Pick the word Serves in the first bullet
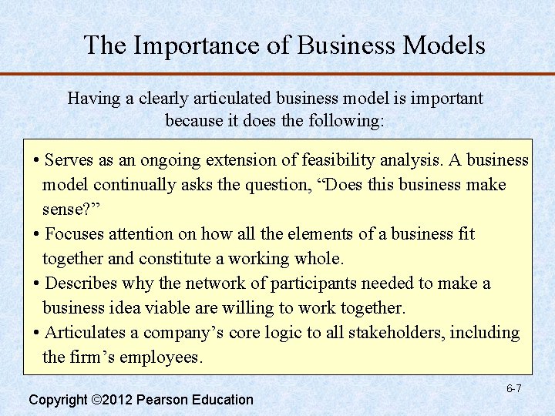click(x=69, y=160)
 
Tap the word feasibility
click(x=324, y=160)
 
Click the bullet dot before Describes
click(x=38, y=283)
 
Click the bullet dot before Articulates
click(x=38, y=333)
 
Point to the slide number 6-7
click(x=513, y=388)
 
